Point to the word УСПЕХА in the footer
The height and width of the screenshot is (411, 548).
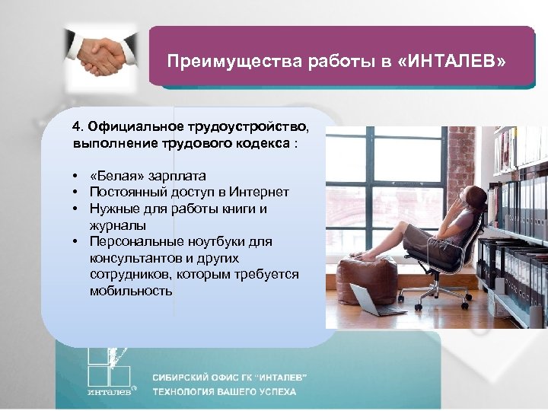point(273,393)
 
